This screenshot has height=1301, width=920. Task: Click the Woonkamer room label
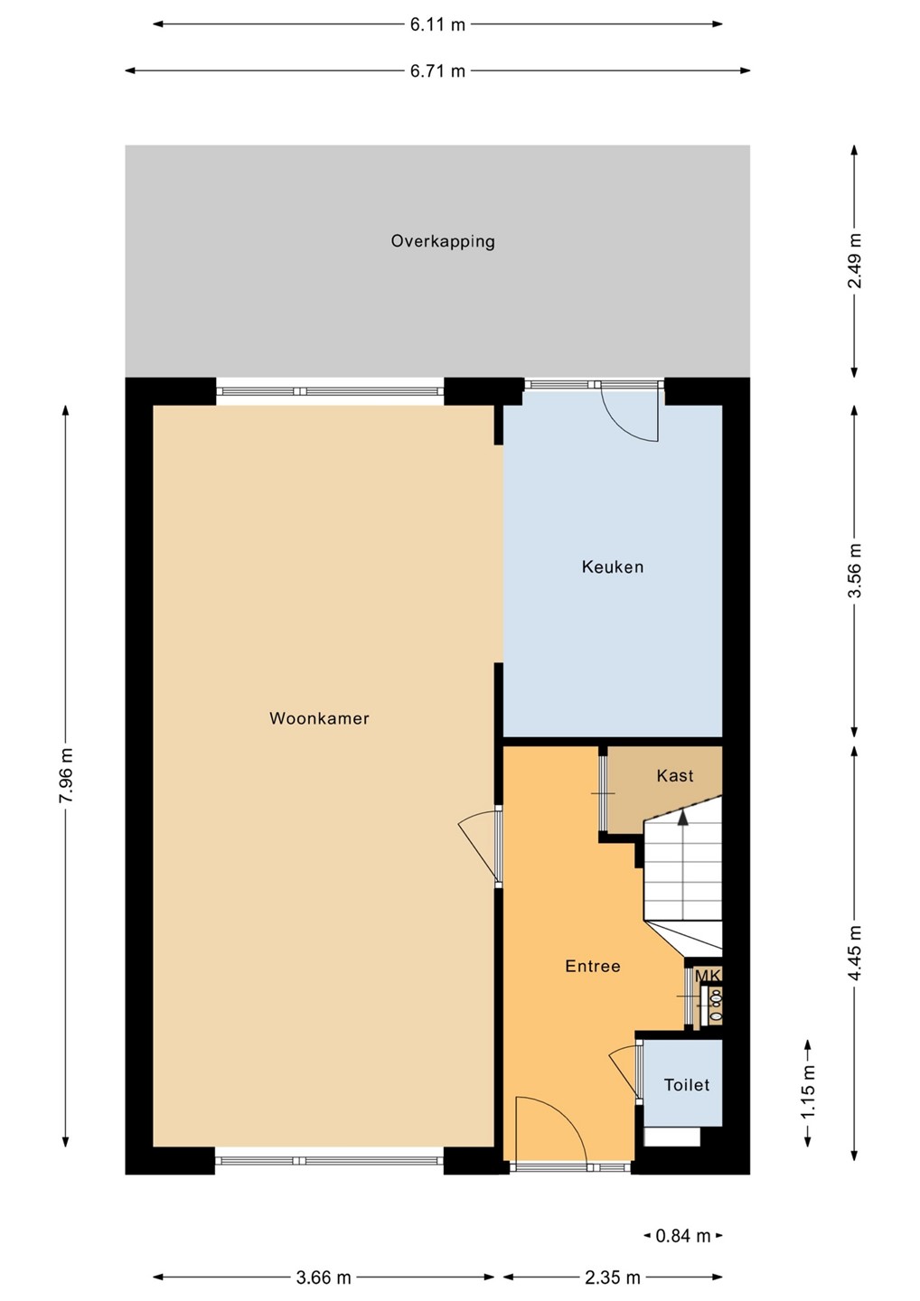[319, 718]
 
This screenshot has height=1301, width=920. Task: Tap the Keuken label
[613, 566]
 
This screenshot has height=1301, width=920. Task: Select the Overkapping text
[443, 241]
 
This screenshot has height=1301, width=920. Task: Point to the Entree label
[593, 966]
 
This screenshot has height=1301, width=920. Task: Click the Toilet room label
[687, 1085]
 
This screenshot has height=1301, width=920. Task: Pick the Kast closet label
[675, 775]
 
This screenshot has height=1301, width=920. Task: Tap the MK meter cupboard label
[708, 976]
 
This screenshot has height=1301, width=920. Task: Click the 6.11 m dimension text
[438, 25]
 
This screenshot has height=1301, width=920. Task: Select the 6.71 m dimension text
[438, 71]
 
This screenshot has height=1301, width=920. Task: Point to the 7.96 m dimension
[66, 775]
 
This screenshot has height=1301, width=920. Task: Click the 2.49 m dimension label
[854, 261]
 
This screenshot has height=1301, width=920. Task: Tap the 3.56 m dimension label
[854, 570]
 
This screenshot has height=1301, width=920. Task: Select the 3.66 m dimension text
[324, 1278]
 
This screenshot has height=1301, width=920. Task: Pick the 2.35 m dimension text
[613, 1278]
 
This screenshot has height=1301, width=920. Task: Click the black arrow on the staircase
[683, 817]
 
